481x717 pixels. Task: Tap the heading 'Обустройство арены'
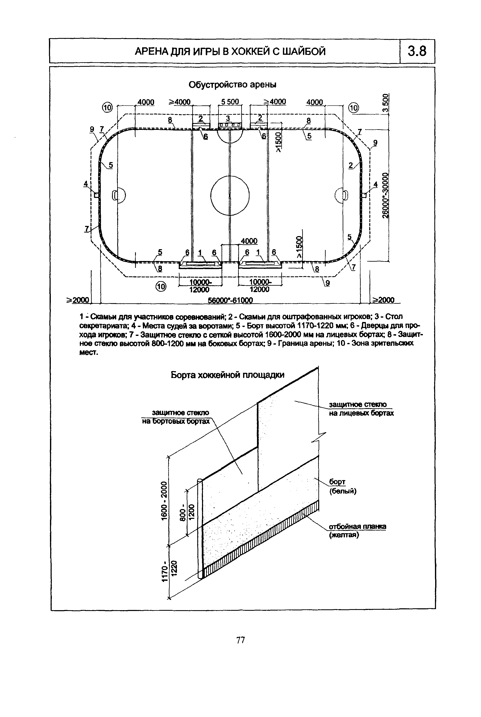(x=232, y=84)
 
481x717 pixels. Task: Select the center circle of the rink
(x=230, y=195)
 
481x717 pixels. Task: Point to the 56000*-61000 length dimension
(x=230, y=300)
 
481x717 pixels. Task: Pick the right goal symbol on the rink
(x=345, y=195)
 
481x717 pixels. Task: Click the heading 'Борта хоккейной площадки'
(x=227, y=375)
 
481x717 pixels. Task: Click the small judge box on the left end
(x=96, y=195)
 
